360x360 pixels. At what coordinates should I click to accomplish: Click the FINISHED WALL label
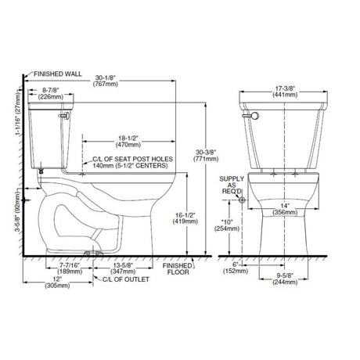pos(58,74)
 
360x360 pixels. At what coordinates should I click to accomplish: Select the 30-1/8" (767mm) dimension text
pos(106,81)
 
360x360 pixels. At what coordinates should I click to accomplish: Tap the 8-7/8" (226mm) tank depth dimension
pos(51,93)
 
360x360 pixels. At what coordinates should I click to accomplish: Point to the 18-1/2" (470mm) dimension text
pos(128,141)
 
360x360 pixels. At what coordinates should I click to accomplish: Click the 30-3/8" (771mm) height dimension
pos(206,155)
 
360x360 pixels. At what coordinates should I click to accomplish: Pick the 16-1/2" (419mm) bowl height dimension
pos(185,218)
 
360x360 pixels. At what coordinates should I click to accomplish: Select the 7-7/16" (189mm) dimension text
pos(70,268)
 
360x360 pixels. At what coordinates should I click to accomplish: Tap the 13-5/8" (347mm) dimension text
pos(123,268)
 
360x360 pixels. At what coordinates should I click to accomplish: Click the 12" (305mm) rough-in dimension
pos(57,282)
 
